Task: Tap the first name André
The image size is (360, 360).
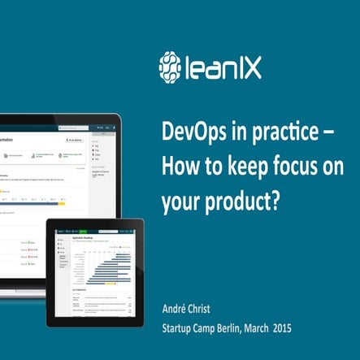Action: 177,309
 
